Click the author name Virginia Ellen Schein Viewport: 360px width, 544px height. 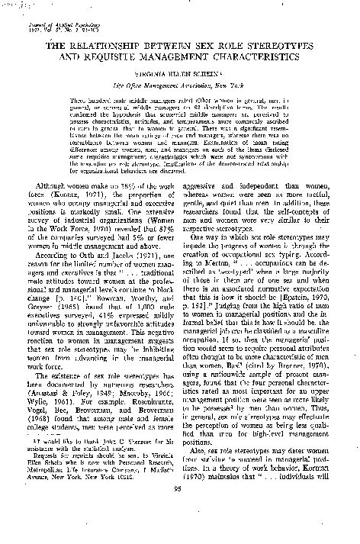(x=181, y=77)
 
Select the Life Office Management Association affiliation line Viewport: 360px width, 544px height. (x=181, y=89)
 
